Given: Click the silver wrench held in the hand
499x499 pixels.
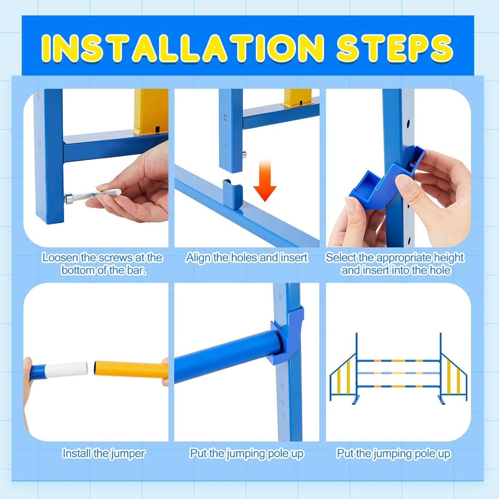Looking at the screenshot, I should [97, 195].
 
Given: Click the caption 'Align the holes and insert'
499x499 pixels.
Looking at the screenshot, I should [247, 258].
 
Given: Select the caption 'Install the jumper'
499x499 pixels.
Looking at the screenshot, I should [104, 453].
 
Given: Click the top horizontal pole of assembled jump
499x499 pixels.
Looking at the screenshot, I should [399, 361].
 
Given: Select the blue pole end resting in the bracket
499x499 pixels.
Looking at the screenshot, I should [273, 342].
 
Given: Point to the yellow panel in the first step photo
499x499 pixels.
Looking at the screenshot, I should [151, 111].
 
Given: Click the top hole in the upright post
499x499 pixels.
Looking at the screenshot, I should [408, 123].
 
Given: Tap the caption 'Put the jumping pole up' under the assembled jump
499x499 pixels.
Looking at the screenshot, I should [393, 453].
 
